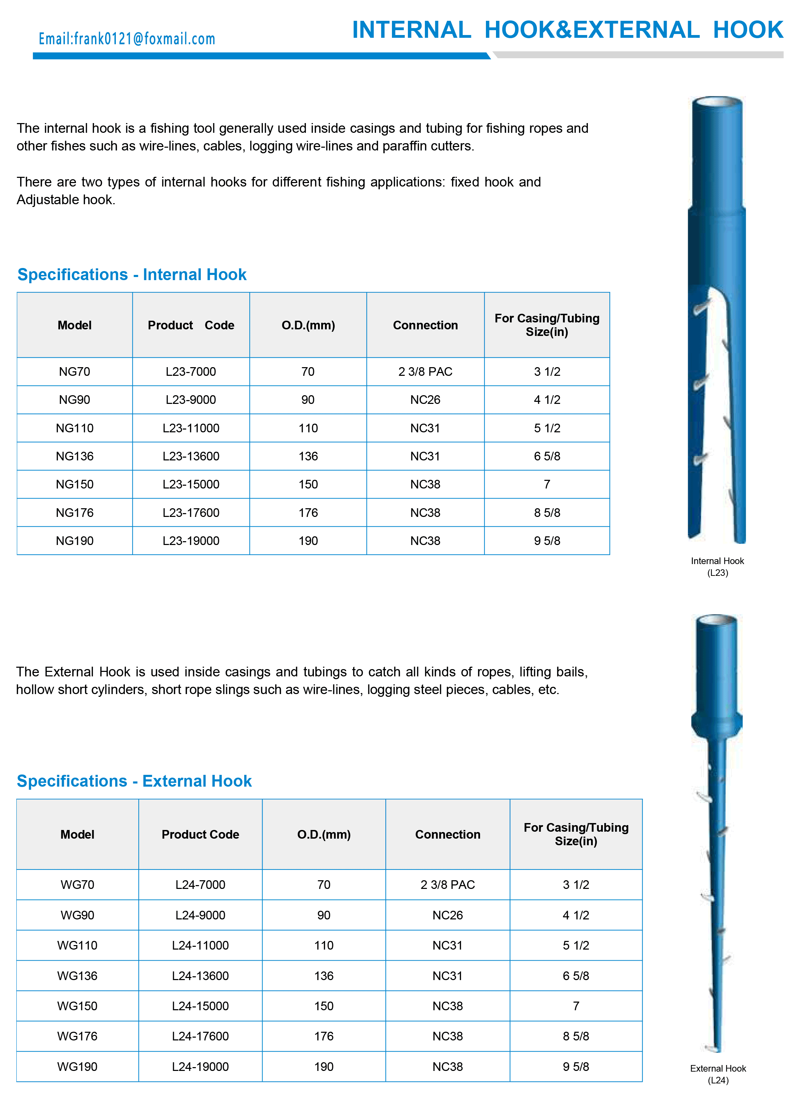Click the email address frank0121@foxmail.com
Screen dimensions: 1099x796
tap(127, 39)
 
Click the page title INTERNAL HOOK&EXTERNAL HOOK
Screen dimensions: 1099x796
tap(567, 30)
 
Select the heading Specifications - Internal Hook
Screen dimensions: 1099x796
tap(132, 274)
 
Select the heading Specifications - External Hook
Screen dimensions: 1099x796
tap(134, 781)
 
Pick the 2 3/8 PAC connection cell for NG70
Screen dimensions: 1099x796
tap(425, 372)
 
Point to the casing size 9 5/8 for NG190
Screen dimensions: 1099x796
tap(547, 541)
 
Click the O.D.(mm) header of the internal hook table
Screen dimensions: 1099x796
tap(308, 325)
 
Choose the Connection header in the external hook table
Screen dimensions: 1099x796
tap(447, 834)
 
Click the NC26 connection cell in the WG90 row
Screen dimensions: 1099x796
tap(447, 915)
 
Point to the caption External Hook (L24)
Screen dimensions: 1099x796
tap(718, 1074)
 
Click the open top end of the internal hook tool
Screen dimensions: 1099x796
tap(718, 103)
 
